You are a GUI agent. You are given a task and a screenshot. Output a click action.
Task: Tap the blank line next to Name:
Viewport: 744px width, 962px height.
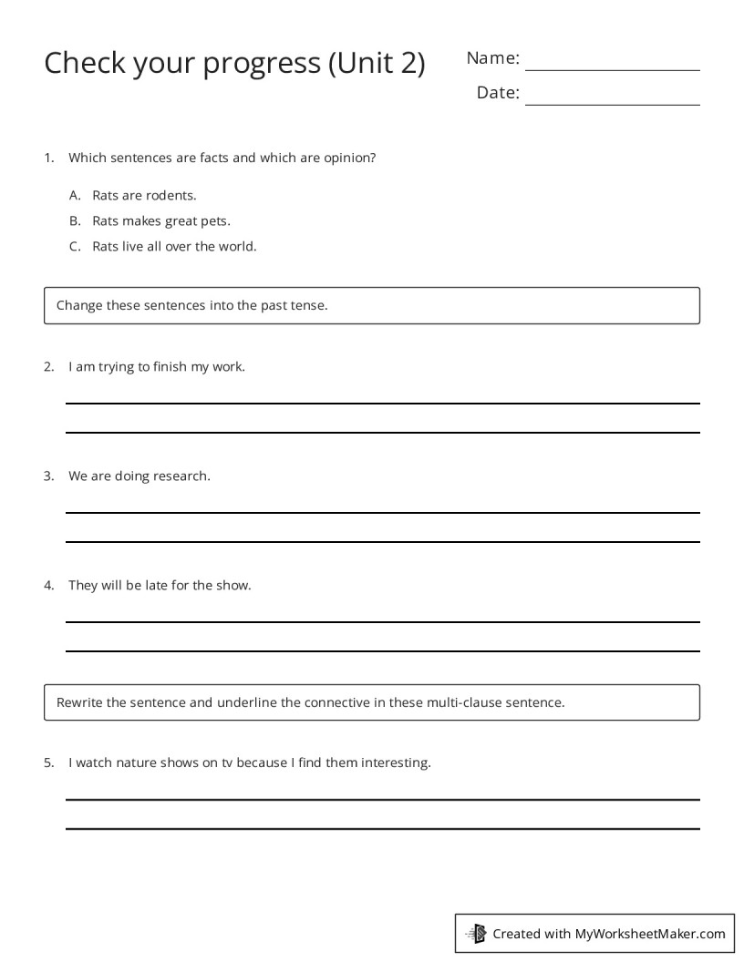click(x=612, y=69)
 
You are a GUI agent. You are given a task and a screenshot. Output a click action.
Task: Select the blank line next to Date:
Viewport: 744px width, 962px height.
click(x=612, y=104)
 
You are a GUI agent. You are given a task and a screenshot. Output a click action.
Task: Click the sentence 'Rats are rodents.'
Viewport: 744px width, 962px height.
click(x=144, y=195)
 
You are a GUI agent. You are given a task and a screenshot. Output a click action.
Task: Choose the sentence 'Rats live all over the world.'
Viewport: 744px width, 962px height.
click(x=174, y=246)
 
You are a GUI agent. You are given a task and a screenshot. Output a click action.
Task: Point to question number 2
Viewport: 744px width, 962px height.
click(x=49, y=367)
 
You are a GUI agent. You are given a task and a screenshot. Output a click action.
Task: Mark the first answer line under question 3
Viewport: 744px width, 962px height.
click(x=382, y=512)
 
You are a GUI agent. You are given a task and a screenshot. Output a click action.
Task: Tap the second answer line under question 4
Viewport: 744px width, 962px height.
click(x=382, y=650)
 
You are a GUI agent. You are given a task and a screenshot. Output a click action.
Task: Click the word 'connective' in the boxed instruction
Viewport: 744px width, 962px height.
click(x=336, y=702)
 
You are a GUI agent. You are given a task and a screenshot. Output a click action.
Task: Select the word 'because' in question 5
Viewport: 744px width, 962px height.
click(x=262, y=762)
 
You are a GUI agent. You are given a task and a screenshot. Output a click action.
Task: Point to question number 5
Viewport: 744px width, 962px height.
click(x=49, y=762)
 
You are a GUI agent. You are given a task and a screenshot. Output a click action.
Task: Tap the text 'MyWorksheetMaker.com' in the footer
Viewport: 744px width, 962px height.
click(x=650, y=934)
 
